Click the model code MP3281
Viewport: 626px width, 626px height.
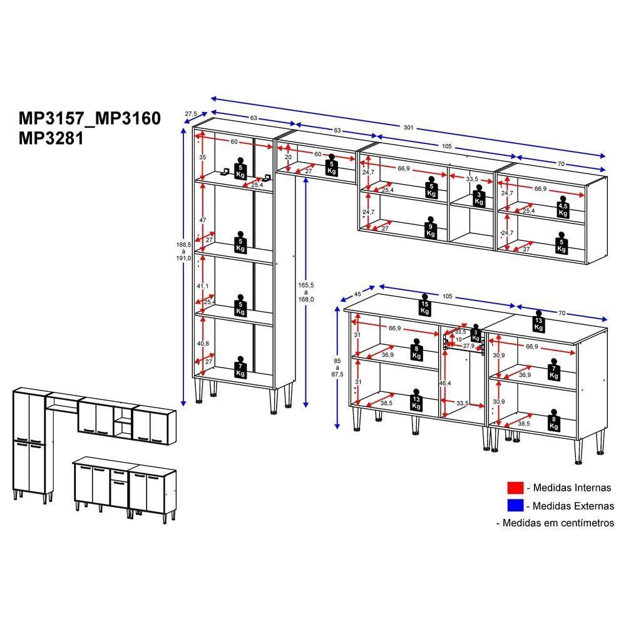click(51, 138)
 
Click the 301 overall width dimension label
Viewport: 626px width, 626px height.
click(408, 127)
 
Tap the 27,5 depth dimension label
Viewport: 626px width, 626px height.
click(191, 114)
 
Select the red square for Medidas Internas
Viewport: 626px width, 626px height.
click(515, 488)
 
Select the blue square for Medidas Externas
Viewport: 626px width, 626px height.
click(515, 505)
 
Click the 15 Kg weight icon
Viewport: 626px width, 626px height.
click(424, 305)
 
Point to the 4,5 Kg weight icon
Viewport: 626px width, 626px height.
click(563, 207)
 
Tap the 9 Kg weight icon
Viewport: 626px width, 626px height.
click(431, 228)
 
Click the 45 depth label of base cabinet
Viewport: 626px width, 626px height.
click(357, 294)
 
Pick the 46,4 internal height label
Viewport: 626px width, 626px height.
click(444, 383)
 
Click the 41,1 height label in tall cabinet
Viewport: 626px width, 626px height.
click(202, 286)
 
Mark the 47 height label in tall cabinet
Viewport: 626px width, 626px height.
click(203, 220)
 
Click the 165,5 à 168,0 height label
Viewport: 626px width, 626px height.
click(306, 292)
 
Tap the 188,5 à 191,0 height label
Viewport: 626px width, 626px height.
click(183, 251)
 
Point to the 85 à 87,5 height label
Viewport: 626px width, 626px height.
click(337, 367)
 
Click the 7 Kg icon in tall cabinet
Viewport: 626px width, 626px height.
click(240, 367)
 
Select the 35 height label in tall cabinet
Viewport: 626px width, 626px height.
click(203, 157)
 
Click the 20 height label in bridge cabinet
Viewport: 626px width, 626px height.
click(288, 157)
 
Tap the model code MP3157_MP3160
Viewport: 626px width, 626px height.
click(90, 118)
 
